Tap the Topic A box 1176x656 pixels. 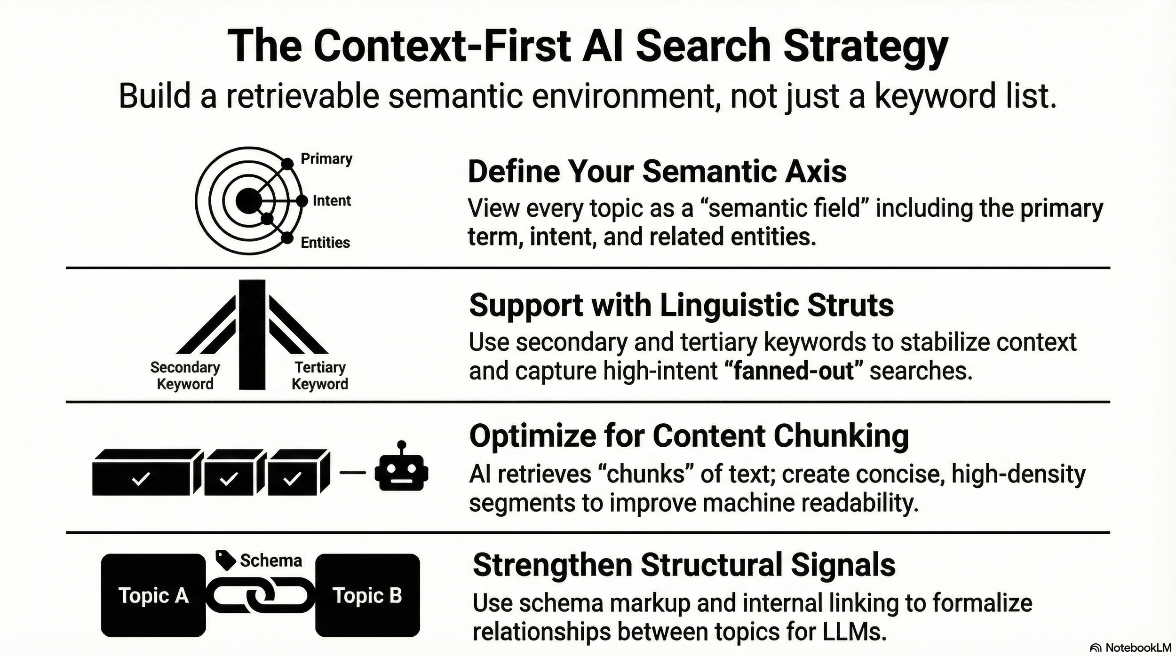pos(153,595)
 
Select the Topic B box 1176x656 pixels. pos(367,595)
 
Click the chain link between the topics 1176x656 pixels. pos(260,596)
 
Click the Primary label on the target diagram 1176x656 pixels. pos(326,159)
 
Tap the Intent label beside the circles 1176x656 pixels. pos(332,201)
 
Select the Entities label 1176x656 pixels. pos(325,243)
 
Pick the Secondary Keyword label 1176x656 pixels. pos(185,375)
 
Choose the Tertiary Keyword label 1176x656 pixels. pos(320,375)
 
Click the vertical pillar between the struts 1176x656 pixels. pos(252,334)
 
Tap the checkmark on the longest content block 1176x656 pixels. pos(141,479)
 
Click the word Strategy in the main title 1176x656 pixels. pos(866,47)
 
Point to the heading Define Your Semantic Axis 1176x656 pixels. pos(657,172)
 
